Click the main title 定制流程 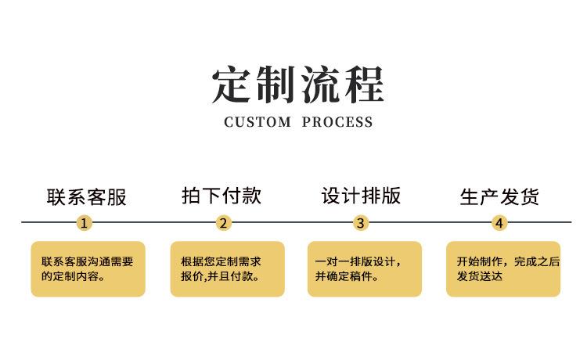pos(298,85)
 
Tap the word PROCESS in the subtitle pos(337,122)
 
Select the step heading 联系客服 pos(86,196)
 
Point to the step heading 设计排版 pos(361,196)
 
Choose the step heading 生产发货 pos(499,196)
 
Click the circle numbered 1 pos(85,223)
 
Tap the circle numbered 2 pos(224,223)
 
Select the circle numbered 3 pos(360,223)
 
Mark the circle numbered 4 pos(499,223)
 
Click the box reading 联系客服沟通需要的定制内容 pos(88,268)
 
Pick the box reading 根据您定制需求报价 pos(227,268)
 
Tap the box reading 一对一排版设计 pos(364,268)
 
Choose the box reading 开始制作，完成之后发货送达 pos(503,268)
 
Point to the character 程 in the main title pos(364,85)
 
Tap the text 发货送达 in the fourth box pos(479,276)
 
